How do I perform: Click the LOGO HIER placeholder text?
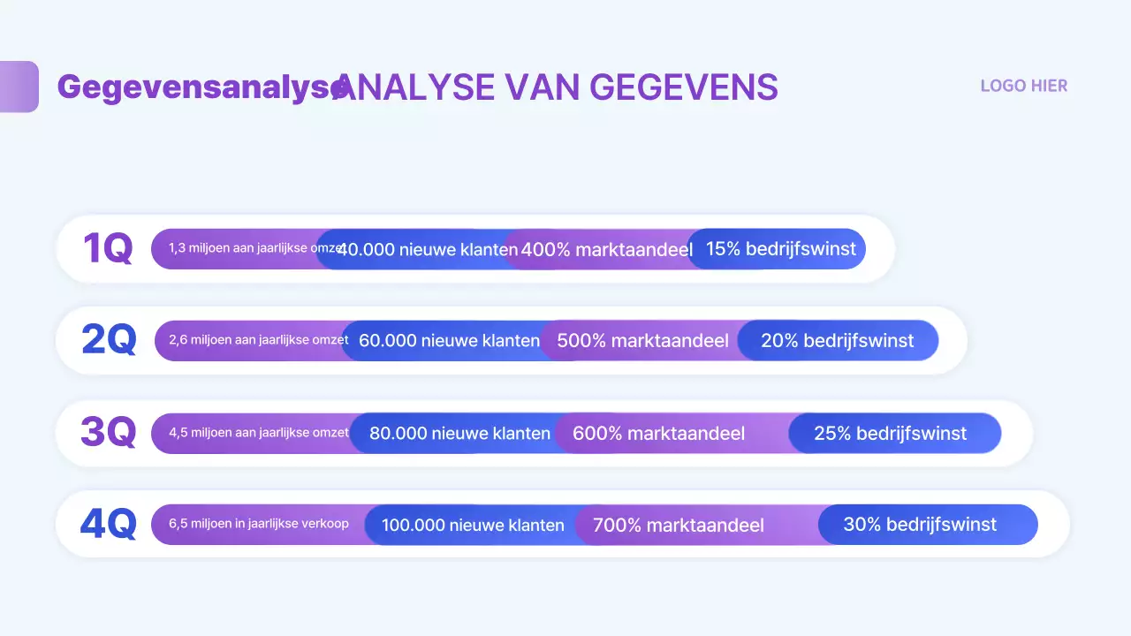coord(1023,86)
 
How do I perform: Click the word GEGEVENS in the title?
coord(683,87)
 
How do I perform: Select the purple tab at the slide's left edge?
coord(19,87)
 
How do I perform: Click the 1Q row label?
coord(108,249)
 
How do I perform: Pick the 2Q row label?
coord(109,340)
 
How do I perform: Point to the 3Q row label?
coord(109,433)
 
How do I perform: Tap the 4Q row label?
coord(109,524)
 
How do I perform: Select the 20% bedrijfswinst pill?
coord(837,340)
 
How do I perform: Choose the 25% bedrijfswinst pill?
coord(890,433)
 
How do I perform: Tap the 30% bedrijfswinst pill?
coord(919,524)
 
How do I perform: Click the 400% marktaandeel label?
coord(606,250)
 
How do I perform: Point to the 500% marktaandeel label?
coord(642,340)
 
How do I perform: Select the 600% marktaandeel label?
coord(658,433)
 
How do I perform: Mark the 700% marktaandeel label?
coord(678,525)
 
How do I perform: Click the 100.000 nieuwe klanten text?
coord(473,525)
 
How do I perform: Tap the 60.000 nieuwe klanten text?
coord(449,340)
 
